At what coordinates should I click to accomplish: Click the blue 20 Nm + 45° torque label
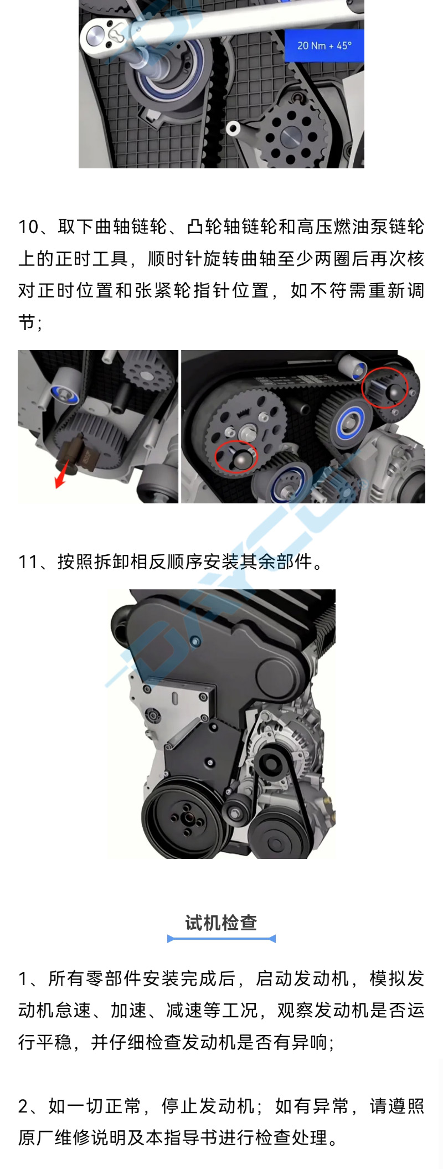point(324,45)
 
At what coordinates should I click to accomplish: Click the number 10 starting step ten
point(28,226)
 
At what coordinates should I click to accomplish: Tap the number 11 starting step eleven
point(28,562)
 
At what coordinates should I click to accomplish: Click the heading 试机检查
point(221,923)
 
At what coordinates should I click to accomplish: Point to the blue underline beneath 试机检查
point(221,938)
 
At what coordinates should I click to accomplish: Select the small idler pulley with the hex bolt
point(237,812)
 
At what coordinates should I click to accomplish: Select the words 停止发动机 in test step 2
point(208,1106)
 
